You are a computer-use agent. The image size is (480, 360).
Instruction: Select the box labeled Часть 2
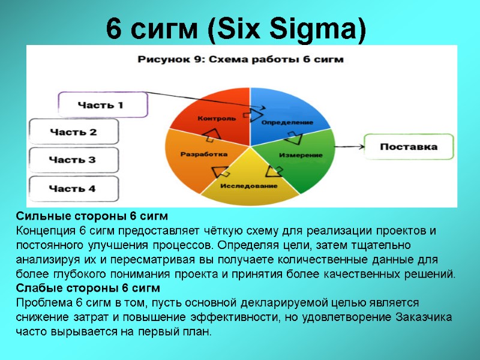73,132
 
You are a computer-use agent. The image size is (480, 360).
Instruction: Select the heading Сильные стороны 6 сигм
92,216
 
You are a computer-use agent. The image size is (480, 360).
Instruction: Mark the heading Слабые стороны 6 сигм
88,289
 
